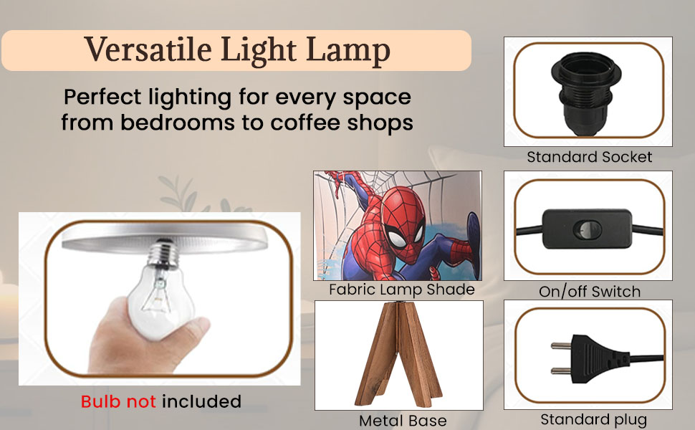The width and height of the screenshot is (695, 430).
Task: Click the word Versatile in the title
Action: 148,49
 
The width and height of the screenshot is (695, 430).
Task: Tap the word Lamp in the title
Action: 348,52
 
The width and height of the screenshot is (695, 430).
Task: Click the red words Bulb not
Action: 118,401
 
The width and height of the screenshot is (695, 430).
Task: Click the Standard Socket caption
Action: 589,157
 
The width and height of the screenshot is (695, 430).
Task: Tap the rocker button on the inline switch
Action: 588,229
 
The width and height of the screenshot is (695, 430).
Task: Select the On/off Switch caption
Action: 590,292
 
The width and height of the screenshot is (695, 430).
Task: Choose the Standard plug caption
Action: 593,419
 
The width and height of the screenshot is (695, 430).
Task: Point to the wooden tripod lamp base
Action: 398,353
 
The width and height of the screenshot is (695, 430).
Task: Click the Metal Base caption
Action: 403,420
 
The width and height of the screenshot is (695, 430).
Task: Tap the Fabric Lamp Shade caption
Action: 401,290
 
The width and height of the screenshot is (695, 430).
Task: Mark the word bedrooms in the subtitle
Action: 178,122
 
